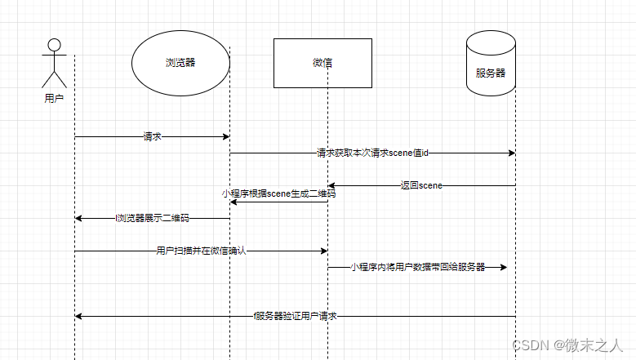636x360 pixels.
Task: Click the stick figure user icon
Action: pyautogui.click(x=54, y=63)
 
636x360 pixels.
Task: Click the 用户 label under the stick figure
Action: pyautogui.click(x=54, y=98)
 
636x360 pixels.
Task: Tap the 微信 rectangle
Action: pyautogui.click(x=322, y=63)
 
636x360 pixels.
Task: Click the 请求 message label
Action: pyautogui.click(x=152, y=137)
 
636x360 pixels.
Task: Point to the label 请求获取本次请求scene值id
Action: pyautogui.click(x=372, y=153)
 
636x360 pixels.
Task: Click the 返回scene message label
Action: pyautogui.click(x=421, y=185)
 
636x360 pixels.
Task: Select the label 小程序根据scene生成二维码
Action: pyautogui.click(x=278, y=194)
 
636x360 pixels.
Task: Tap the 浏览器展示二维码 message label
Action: pyautogui.click(x=153, y=218)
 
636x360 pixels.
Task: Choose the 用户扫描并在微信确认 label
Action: pyautogui.click(x=201, y=251)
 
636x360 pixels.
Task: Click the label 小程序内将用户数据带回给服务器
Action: pyautogui.click(x=417, y=267)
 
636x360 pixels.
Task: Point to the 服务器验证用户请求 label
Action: pyautogui.click(x=296, y=316)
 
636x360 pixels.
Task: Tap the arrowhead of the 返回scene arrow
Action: pyautogui.click(x=331, y=185)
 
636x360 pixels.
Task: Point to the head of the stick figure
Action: pyautogui.click(x=54, y=45)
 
